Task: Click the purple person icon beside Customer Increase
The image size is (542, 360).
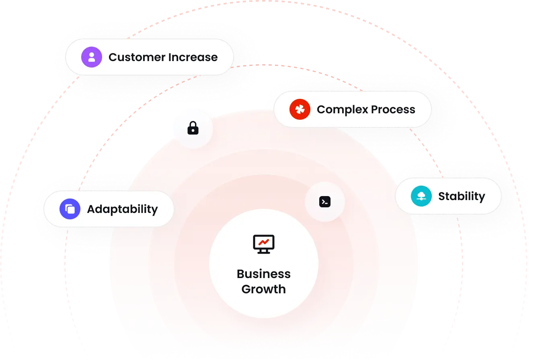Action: tap(91, 57)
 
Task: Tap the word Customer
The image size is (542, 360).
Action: tap(137, 57)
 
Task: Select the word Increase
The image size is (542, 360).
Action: tap(193, 57)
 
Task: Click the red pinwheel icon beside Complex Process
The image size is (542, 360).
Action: tap(300, 109)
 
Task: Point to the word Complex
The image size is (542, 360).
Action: tap(343, 110)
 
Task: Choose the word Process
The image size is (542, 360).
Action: tap(393, 110)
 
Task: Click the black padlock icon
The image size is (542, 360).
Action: tap(193, 128)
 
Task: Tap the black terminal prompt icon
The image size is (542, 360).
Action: tap(325, 202)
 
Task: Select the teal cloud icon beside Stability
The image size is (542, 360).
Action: tap(421, 196)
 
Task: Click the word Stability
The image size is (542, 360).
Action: tap(462, 196)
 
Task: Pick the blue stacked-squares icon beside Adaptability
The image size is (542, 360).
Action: tap(70, 209)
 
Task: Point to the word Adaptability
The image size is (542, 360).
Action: tap(123, 209)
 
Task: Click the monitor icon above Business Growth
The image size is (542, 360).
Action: tap(264, 244)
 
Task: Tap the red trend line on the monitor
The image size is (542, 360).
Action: tap(264, 242)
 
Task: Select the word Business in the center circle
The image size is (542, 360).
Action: tap(264, 274)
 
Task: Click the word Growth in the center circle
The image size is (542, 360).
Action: tap(264, 289)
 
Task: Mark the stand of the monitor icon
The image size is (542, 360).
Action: tap(264, 252)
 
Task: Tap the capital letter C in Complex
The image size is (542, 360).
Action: tap(322, 110)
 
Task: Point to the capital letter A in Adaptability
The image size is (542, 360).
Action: tap(92, 209)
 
